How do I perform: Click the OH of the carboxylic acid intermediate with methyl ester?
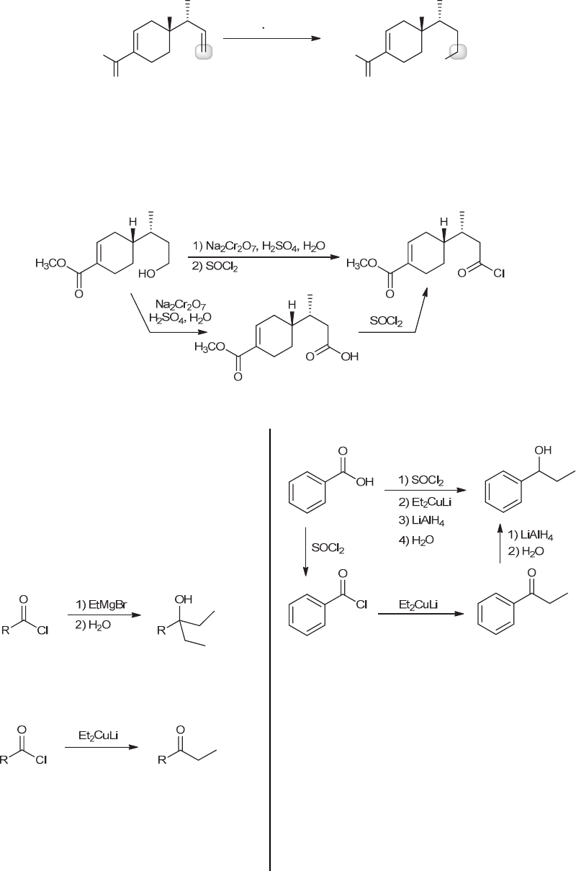pyautogui.click(x=349, y=358)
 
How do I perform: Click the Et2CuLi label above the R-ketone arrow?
pyautogui.click(x=96, y=736)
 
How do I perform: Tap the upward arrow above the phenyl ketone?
pyautogui.click(x=500, y=544)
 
